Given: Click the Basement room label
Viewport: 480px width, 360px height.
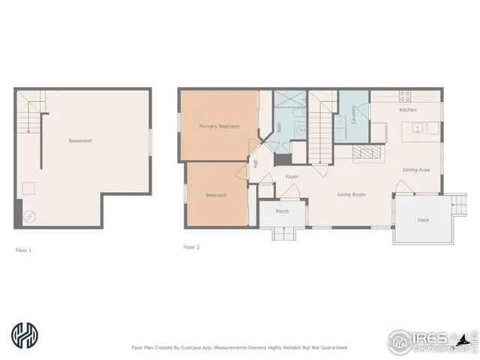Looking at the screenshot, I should tap(80, 141).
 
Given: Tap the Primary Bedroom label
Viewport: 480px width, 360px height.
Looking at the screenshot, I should tap(219, 127).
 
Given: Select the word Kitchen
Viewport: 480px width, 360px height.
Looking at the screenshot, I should tap(407, 110).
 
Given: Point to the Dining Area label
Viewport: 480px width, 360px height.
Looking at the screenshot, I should tap(415, 170).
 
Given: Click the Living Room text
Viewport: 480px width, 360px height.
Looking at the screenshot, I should tap(351, 195).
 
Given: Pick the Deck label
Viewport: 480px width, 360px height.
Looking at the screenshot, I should tap(422, 220).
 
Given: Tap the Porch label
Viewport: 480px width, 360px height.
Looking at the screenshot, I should tap(282, 211).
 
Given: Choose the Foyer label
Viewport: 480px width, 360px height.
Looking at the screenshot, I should tap(292, 177).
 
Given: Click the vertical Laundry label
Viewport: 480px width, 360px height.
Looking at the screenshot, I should tap(353, 114).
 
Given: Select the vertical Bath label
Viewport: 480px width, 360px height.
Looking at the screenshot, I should tap(279, 128).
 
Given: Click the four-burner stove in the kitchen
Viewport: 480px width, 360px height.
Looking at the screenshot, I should tap(405, 96).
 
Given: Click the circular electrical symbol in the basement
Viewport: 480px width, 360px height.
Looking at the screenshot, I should tap(28, 217).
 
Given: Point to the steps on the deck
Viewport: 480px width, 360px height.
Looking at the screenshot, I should tap(454, 200).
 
